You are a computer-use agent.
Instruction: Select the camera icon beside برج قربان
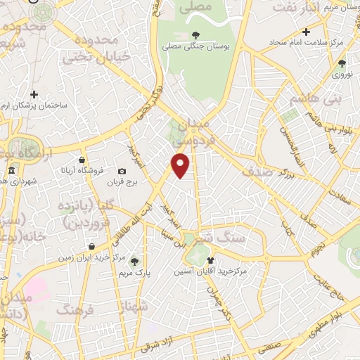click(x=122, y=172)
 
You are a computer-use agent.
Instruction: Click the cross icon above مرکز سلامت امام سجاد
click(x=306, y=32)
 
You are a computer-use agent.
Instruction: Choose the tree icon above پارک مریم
click(x=134, y=262)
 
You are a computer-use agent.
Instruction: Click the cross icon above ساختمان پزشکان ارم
click(x=34, y=94)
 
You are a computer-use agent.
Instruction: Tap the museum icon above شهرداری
click(x=12, y=172)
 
